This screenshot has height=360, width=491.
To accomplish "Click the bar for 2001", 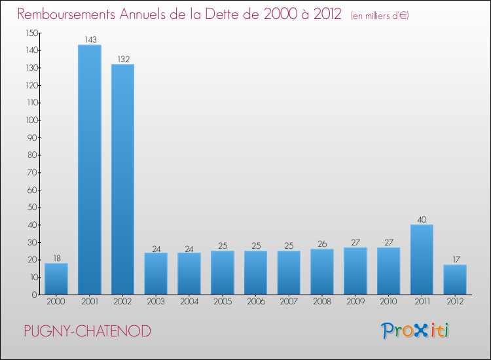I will click(90, 170).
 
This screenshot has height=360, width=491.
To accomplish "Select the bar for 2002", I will click(122, 179).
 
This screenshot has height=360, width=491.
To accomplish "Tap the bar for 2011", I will click(422, 260).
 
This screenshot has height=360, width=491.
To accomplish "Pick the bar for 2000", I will click(56, 279).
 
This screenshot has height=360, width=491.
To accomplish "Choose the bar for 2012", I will click(455, 279).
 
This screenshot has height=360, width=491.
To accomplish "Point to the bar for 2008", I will click(322, 272).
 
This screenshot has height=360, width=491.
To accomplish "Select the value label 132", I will click(123, 60).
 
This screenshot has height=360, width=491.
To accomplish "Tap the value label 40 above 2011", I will click(422, 220).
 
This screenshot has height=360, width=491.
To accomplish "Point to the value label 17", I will click(455, 260).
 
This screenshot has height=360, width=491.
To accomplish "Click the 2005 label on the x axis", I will click(223, 302).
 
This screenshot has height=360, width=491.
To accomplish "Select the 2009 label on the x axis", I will click(355, 302).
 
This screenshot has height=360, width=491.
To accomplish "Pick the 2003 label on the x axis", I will click(156, 302).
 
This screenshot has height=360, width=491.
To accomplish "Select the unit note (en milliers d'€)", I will click(380, 16).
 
